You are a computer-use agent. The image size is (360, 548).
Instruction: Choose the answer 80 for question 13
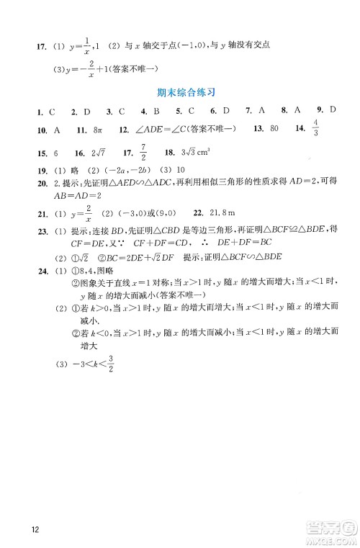(274, 129)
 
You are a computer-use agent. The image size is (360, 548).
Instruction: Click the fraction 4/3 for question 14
(315, 129)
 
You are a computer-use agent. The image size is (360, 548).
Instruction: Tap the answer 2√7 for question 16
(99, 153)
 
